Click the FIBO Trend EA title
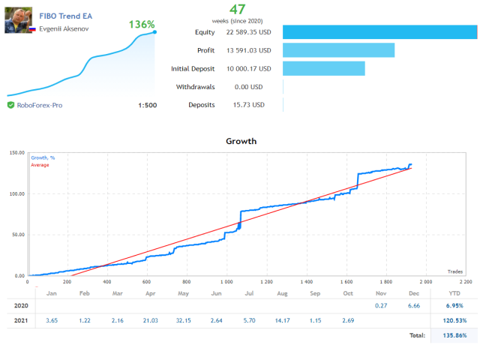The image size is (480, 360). click(x=65, y=15)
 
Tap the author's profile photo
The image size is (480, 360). click(x=18, y=21)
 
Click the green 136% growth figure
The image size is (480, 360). click(x=142, y=24)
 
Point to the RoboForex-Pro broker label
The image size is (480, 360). click(x=40, y=105)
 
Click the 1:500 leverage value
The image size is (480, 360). click(x=148, y=105)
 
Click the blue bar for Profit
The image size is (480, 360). click(x=338, y=50)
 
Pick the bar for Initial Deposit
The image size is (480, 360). click(x=324, y=69)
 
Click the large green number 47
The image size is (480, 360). click(x=238, y=10)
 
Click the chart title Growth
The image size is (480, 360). click(x=241, y=141)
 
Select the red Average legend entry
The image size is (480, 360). click(x=39, y=165)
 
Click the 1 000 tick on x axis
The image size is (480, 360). click(x=225, y=282)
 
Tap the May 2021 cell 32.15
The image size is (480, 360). click(x=183, y=321)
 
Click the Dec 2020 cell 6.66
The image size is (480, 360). click(x=413, y=306)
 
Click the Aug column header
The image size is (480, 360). click(x=282, y=293)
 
